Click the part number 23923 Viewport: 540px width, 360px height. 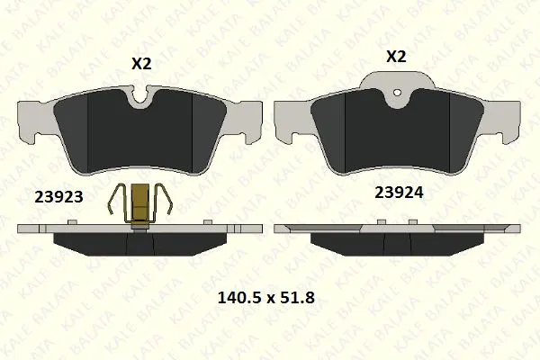click(58, 197)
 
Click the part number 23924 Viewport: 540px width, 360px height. click(399, 193)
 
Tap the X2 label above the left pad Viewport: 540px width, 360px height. click(141, 64)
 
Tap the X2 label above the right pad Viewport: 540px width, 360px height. click(396, 57)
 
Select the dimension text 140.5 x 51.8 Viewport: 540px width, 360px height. click(266, 298)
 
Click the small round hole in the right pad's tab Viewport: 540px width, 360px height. click(398, 93)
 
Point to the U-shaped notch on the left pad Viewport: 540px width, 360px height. click(140, 96)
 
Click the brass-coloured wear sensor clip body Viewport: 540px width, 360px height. click(141, 206)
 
